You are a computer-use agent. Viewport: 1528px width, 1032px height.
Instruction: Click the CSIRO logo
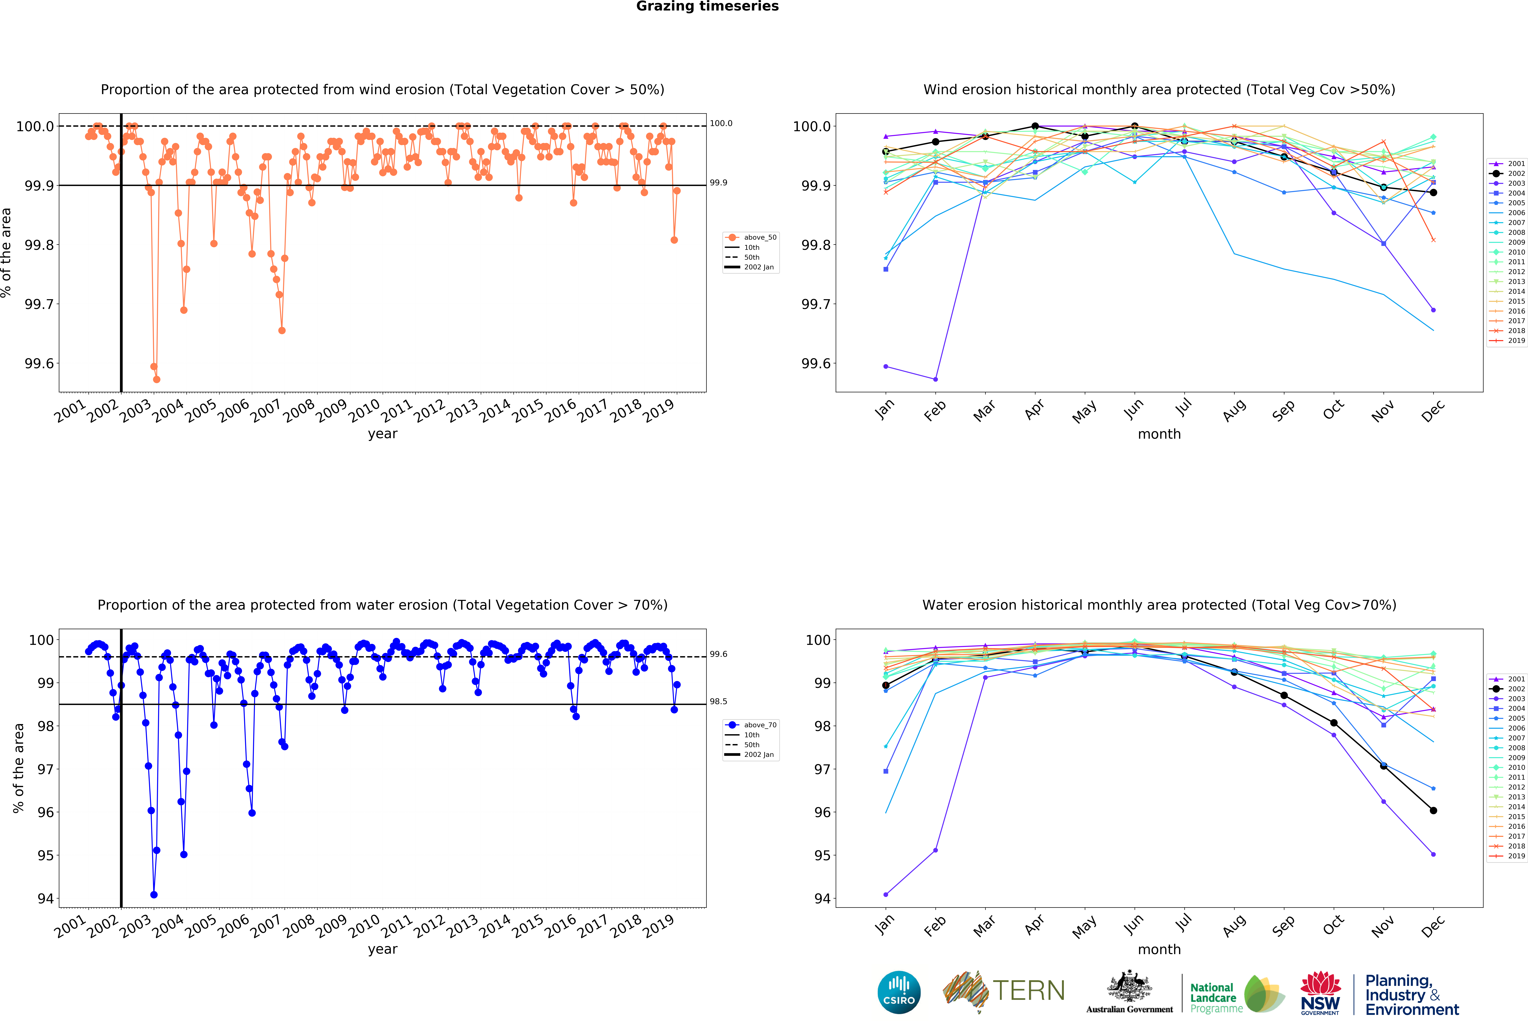pos(899,992)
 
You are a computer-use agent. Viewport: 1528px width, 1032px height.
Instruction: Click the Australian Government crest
pos(1129,986)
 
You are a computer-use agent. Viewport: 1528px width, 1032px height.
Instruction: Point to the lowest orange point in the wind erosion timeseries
pos(156,379)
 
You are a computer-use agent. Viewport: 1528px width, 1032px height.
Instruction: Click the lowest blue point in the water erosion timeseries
pos(154,895)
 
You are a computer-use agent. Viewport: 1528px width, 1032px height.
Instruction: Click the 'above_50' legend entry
pos(759,237)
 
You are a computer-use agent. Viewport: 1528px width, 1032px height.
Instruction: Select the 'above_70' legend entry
pos(759,725)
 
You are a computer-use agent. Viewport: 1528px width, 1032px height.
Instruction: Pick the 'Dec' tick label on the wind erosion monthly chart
pos(1432,410)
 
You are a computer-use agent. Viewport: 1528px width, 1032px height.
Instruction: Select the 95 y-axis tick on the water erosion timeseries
pos(45,855)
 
